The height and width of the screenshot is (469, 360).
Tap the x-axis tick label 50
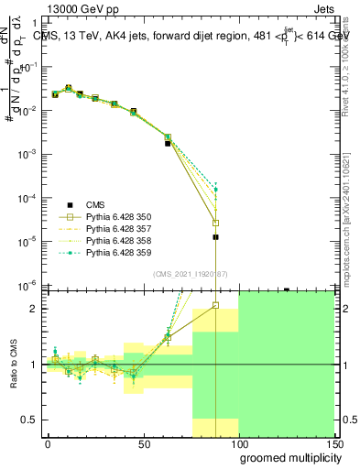[x=144, y=444]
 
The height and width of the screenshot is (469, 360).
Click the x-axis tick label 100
[x=239, y=444]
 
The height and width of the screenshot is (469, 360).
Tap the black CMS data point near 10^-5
[x=215, y=237]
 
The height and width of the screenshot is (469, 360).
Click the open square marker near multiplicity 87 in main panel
[x=215, y=223]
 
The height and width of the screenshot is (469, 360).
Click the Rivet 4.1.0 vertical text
[x=352, y=69]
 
